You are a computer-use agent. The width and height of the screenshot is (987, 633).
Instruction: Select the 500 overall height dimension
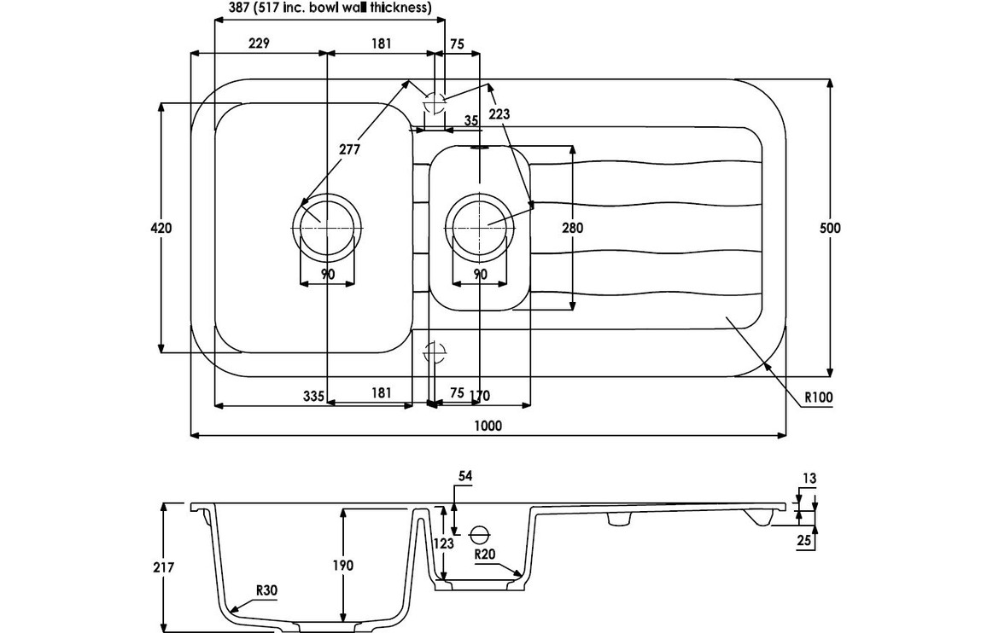point(830,228)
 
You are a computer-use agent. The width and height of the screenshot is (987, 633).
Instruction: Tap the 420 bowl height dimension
point(161,228)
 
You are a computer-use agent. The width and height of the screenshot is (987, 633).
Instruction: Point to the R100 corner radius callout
point(817,396)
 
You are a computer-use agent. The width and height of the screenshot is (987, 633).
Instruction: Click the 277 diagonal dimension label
point(348,149)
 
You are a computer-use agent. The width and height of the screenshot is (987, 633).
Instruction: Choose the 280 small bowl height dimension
point(572,228)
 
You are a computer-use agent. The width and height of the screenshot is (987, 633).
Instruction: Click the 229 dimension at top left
point(259,44)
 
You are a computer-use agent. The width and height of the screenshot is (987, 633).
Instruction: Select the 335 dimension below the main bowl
point(313,393)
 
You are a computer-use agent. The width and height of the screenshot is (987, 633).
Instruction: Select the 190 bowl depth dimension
point(342,565)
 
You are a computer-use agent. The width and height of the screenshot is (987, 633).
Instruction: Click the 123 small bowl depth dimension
point(442,541)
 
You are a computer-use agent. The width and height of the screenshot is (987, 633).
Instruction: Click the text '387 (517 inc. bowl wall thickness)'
point(329,8)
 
